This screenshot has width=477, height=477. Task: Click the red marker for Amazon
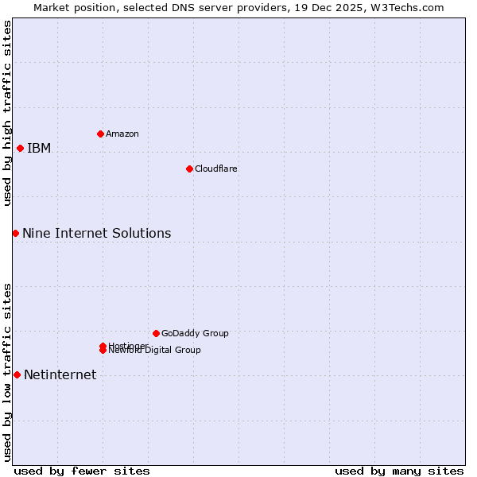100,134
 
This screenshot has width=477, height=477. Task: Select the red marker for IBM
20,148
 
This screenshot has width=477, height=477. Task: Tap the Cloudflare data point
189,169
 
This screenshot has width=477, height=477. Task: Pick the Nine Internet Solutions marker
15,233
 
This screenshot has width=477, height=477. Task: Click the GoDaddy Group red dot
156,333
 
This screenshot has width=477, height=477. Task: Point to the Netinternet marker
17,374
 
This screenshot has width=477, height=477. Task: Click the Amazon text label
122,134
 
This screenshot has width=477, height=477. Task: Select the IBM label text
39,149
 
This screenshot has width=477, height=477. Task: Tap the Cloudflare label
215,169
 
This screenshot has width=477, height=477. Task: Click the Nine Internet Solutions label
96,234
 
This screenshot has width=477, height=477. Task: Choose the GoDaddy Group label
195,333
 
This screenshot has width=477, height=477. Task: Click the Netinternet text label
60,375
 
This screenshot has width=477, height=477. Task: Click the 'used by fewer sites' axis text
82,471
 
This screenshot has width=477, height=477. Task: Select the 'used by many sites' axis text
399,471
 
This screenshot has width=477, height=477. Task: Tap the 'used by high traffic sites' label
7,113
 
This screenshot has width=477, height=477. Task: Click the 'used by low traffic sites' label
7,371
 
